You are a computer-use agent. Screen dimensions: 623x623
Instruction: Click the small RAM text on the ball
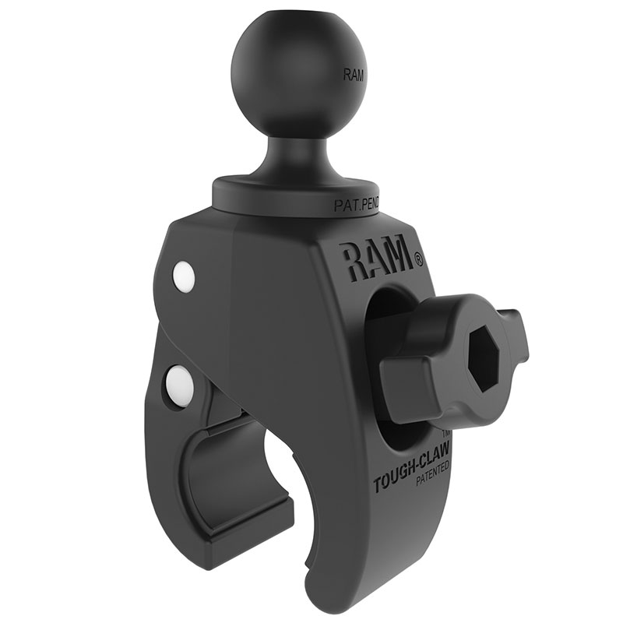click(x=352, y=76)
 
